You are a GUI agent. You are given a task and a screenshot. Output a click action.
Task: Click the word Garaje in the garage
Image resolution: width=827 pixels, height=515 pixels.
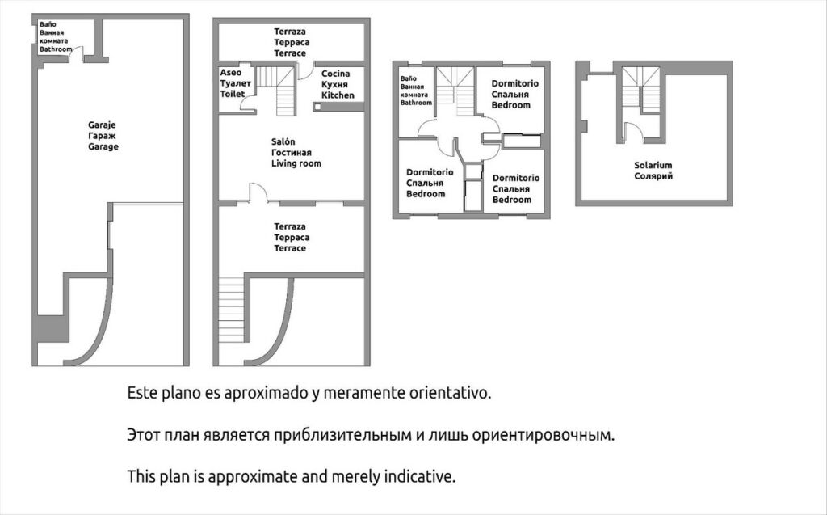(102, 125)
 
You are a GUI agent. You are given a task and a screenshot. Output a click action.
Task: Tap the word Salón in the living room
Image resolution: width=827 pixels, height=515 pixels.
(283, 141)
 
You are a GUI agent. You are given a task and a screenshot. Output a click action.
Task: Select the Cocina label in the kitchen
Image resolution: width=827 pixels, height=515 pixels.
(335, 74)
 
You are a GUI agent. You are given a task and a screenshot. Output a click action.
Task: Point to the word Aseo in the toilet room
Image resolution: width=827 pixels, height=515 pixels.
(230, 73)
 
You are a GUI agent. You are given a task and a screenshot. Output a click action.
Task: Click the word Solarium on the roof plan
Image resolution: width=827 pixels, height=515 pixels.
(653, 165)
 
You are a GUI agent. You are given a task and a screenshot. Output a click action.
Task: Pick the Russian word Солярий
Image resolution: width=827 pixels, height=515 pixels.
(653, 176)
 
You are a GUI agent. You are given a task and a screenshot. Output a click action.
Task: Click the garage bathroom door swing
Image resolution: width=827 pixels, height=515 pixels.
(78, 53)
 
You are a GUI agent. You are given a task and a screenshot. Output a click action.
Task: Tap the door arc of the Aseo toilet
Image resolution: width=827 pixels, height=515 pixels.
(247, 103)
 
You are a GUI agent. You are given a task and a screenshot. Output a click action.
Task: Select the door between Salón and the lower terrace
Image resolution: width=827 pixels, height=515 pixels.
(258, 192)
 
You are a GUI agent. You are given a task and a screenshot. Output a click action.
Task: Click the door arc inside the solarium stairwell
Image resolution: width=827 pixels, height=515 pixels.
(633, 132)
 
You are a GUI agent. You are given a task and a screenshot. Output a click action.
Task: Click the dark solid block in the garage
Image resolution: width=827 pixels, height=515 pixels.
(52, 328)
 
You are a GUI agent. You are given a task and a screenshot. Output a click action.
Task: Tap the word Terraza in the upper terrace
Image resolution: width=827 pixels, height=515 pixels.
(290, 32)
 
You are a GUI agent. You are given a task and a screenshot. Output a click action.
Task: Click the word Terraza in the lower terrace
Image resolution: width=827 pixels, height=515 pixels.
(290, 226)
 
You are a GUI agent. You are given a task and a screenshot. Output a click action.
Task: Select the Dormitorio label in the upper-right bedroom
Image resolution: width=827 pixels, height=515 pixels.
(514, 83)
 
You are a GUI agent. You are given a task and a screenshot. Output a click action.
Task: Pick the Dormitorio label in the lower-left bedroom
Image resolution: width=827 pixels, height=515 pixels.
(430, 172)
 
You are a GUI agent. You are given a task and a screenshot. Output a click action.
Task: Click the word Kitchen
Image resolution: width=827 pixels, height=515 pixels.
(338, 95)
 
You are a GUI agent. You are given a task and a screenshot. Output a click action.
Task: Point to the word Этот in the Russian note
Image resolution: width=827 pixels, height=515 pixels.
(142, 435)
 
